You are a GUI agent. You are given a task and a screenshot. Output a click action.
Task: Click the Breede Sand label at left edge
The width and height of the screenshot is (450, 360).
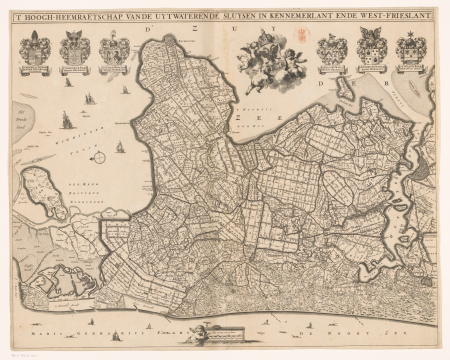(x=22, y=111)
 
